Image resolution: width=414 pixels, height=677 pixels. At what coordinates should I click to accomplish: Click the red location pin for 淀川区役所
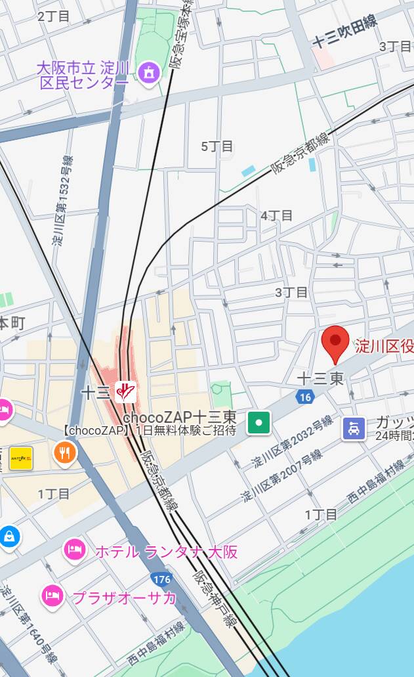(x=336, y=342)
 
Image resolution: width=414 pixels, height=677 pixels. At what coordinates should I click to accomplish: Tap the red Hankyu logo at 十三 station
(x=125, y=392)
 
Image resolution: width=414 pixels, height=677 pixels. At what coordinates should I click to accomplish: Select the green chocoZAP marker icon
(x=259, y=422)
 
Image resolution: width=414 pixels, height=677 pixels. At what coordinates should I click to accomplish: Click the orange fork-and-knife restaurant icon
(x=65, y=452)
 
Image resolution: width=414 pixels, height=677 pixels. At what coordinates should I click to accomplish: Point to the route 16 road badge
(x=304, y=397)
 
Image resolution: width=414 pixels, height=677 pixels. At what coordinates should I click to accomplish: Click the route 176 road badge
(x=161, y=579)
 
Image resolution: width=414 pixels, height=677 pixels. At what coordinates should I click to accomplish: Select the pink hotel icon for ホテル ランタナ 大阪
(x=74, y=550)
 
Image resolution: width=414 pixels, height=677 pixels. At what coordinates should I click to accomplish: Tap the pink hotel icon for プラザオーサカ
(x=52, y=596)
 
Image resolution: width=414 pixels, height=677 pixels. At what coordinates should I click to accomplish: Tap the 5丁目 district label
(x=217, y=146)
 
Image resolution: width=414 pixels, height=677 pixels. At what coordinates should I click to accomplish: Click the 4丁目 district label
(x=276, y=215)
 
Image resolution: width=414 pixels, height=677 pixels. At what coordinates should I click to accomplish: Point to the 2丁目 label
(x=54, y=16)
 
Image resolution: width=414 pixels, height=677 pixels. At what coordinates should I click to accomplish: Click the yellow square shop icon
(x=21, y=458)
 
